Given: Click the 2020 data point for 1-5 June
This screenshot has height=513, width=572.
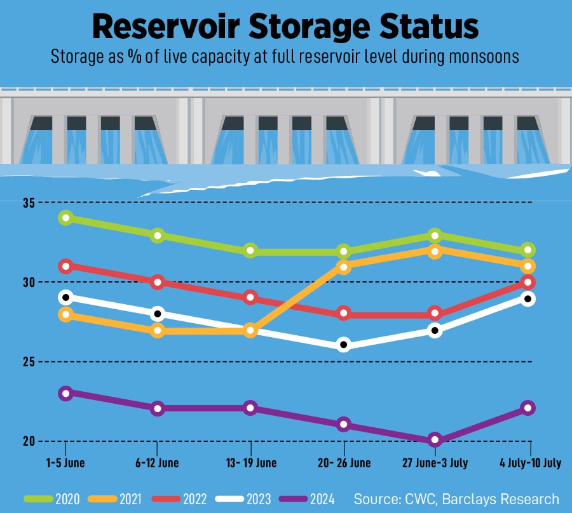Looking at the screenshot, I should (65, 218).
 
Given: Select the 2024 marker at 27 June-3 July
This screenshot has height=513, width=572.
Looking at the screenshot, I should (435, 439).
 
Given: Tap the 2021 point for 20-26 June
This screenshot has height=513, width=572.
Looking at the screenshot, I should (343, 267).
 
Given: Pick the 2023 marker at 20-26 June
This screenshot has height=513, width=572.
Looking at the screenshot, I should (343, 345).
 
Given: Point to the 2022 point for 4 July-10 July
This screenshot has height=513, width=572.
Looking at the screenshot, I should (528, 282).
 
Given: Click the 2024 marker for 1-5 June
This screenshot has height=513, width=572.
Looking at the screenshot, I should (65, 393).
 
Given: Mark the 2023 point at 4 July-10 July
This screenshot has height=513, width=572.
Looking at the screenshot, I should (528, 298).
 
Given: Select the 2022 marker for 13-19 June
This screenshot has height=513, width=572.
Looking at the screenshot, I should (250, 298).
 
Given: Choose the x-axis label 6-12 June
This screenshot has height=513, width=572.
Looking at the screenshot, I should (157, 463).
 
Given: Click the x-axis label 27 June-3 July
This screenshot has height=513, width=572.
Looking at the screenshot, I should (435, 463).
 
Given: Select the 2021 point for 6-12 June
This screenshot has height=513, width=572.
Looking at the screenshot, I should (158, 330).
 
